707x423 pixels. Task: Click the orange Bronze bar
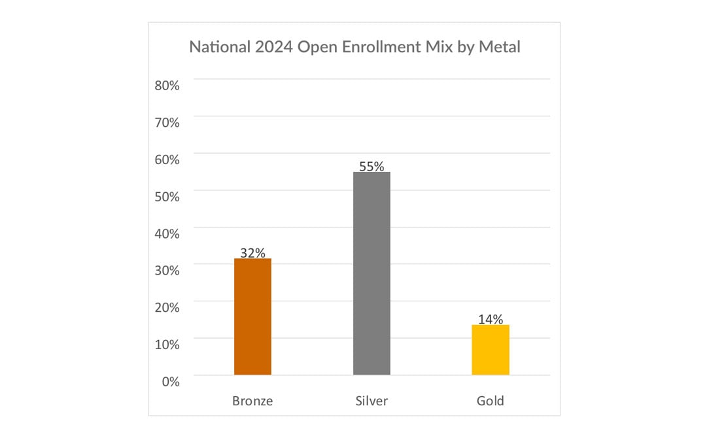pyautogui.click(x=252, y=316)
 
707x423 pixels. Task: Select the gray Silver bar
pyautogui.click(x=371, y=273)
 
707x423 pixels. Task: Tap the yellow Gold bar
pyautogui.click(x=491, y=350)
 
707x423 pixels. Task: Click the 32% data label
pyautogui.click(x=252, y=253)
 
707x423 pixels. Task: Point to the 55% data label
pyautogui.click(x=371, y=166)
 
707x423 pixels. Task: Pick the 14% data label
pyautogui.click(x=491, y=319)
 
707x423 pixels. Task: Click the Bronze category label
pyautogui.click(x=252, y=401)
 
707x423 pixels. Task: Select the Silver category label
pyautogui.click(x=371, y=401)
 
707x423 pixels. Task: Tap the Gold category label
pyautogui.click(x=491, y=401)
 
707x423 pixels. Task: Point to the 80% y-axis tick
pyautogui.click(x=167, y=85)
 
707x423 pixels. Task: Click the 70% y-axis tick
pyautogui.click(x=167, y=122)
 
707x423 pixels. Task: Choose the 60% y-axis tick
pyautogui.click(x=167, y=159)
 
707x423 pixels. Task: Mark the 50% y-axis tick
pyautogui.click(x=167, y=196)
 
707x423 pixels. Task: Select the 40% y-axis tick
pyautogui.click(x=167, y=233)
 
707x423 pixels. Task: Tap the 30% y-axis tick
pyautogui.click(x=167, y=270)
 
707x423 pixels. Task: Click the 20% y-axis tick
pyautogui.click(x=167, y=307)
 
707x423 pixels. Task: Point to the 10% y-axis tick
pyautogui.click(x=167, y=344)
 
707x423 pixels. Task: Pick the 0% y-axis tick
pyautogui.click(x=170, y=381)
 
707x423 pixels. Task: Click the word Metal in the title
pyautogui.click(x=500, y=47)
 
